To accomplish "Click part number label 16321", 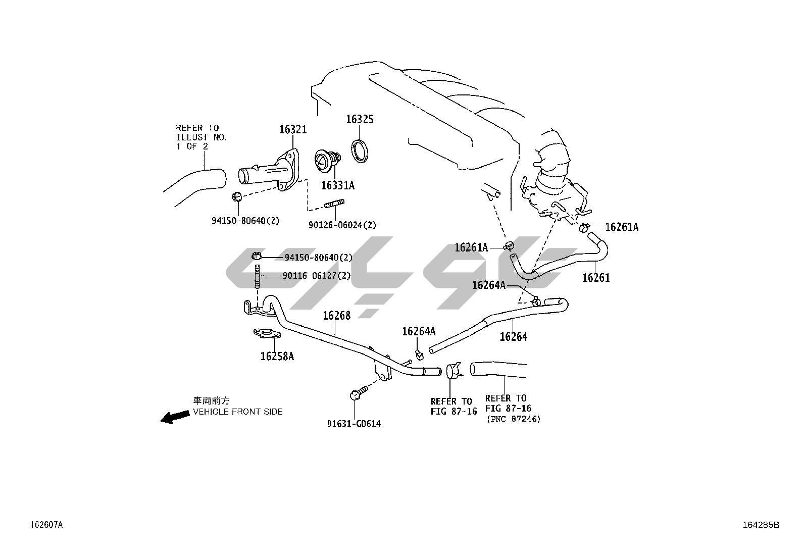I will [x=293, y=130].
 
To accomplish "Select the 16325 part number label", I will [x=360, y=120].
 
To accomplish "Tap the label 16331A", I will [x=337, y=186].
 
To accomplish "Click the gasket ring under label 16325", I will [x=360, y=151].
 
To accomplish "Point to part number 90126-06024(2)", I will [x=342, y=225].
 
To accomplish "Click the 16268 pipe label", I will [x=336, y=316].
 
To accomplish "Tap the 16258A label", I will [x=277, y=357].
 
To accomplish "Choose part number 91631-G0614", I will [x=354, y=424].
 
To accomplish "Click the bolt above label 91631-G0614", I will [x=355, y=394].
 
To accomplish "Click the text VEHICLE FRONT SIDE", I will [x=238, y=412].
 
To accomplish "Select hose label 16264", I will [x=513, y=337].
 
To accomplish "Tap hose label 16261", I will [x=596, y=278].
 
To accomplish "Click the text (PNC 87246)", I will [x=513, y=419].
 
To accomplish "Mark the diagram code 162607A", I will [x=46, y=525].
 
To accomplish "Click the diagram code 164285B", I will [x=761, y=525].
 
